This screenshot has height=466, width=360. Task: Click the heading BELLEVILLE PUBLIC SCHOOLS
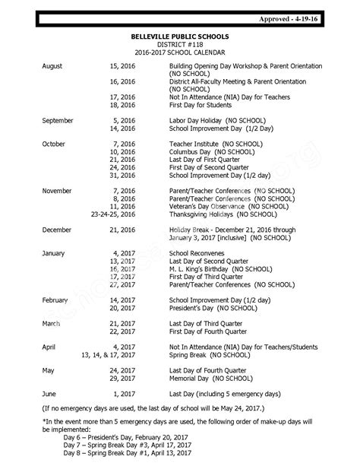coord(180,36)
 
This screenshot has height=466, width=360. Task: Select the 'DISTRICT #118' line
coord(180,45)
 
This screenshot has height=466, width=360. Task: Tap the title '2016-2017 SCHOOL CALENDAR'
coord(180,54)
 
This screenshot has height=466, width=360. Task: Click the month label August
coord(52,67)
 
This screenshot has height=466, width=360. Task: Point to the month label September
coord(58,120)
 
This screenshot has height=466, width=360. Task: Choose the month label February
coord(55,300)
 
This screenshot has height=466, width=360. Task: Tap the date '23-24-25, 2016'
coord(112,214)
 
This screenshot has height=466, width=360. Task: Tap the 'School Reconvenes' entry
coord(198,252)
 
